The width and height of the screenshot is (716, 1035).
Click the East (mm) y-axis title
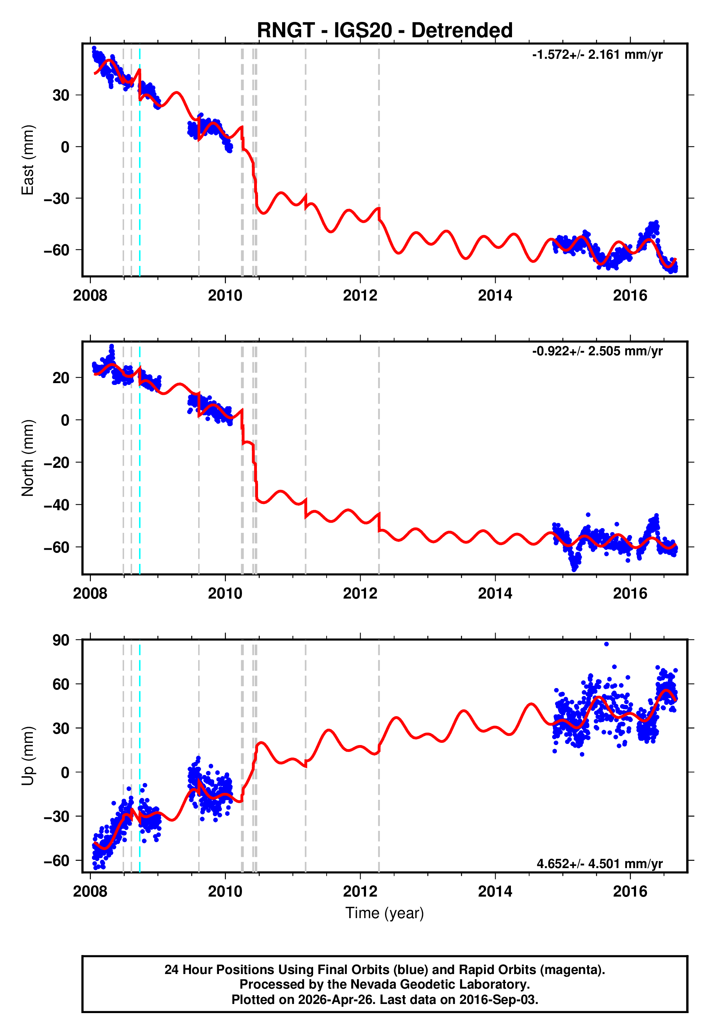tap(27, 160)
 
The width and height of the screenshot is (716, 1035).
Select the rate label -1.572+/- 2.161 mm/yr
tap(597, 55)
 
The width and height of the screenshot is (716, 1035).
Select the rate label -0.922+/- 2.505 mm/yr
tap(597, 351)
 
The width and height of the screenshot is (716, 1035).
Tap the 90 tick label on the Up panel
tap(61, 640)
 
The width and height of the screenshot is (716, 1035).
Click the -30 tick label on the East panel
tap(57, 198)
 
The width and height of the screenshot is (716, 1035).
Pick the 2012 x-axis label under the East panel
tap(360, 295)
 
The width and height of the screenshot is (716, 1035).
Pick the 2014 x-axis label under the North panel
tap(495, 593)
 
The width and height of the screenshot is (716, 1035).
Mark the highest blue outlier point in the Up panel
tap(607, 644)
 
